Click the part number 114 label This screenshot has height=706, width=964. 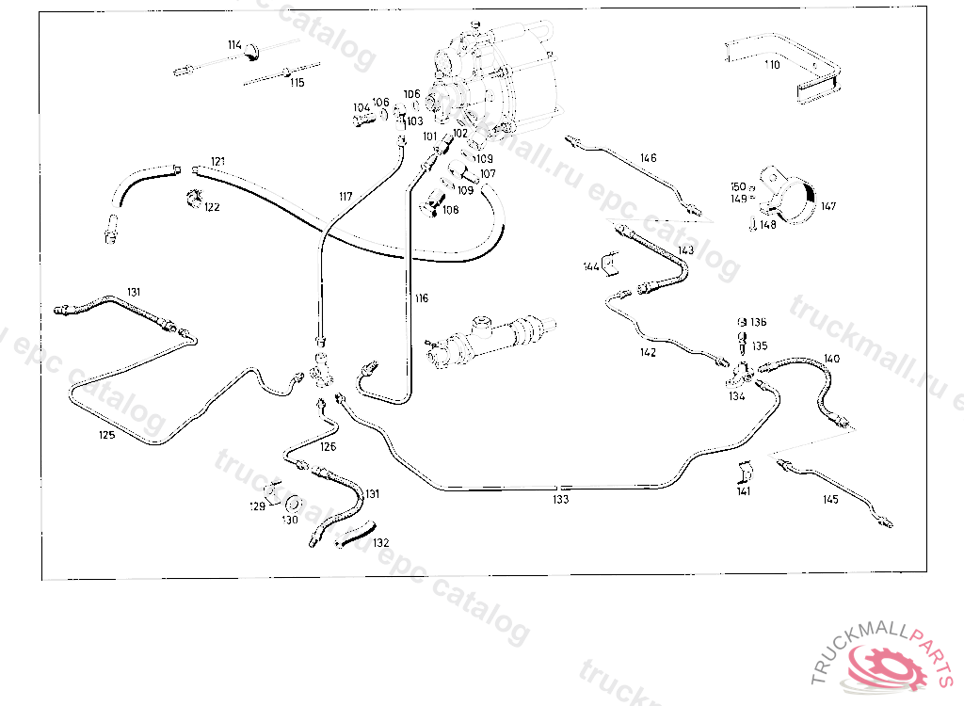pos(234,45)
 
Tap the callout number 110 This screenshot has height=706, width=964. pos(773,65)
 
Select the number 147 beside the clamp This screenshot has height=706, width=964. pos(827,206)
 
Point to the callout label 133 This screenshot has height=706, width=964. pos(561,500)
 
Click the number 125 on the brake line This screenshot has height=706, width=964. pos(108,435)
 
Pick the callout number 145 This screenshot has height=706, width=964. pos(829,500)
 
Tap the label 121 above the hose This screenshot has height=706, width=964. pos(218,161)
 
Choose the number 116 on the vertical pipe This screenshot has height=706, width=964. pos(421,298)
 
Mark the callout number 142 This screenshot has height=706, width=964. pos(648,353)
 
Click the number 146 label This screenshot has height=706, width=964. pos(648,158)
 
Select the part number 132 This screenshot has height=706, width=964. pos(380,543)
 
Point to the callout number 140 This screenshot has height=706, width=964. pos(831,359)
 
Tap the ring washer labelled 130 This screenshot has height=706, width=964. pos(294,503)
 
